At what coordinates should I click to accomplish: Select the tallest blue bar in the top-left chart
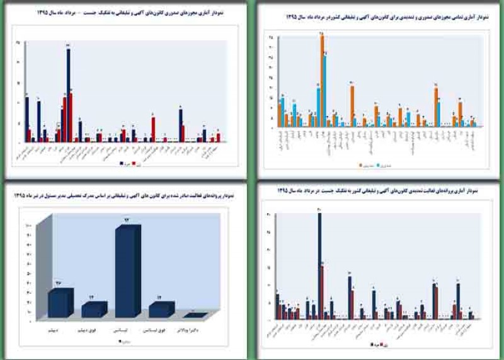coord(68,95)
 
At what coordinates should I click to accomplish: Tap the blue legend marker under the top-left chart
coord(121,162)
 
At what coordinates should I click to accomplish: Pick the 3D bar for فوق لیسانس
coord(161,309)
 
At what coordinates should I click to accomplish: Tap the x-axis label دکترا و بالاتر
coord(195,329)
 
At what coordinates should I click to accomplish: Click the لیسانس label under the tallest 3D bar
coord(128,329)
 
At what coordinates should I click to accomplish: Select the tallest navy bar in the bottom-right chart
coord(319,265)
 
